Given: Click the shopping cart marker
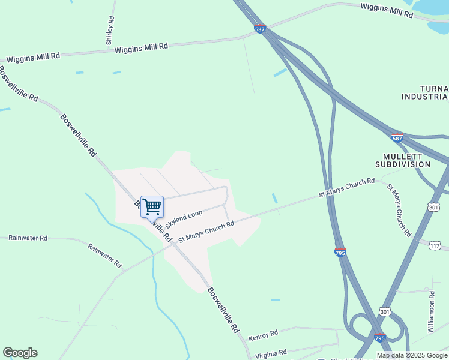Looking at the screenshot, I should coord(152,206).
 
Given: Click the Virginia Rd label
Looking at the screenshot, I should coord(271,353).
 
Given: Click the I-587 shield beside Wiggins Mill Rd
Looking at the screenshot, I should coord(260,28).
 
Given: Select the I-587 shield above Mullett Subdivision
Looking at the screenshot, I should coord(397,137).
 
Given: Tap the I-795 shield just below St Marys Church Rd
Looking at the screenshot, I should coord(340,253).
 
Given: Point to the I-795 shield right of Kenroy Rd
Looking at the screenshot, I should coord(379,338).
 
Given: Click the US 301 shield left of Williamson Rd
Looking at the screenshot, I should coord(385,311).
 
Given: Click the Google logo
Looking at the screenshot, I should coord(20,353).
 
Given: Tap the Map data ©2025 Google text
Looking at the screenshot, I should coord(412,355).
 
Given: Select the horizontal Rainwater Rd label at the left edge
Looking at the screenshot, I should coord(28,238).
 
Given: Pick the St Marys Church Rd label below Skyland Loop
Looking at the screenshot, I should coord(206,232).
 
